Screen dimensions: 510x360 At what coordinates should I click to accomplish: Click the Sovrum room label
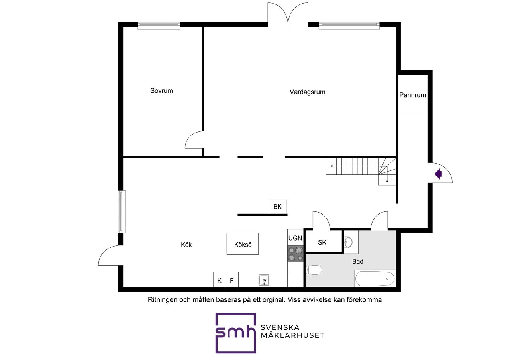(161, 91)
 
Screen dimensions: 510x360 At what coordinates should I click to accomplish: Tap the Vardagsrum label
(307, 92)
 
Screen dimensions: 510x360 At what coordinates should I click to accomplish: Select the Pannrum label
(412, 95)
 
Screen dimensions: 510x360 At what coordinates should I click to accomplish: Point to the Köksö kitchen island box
(243, 244)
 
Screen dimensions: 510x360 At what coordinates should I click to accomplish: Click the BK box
(278, 207)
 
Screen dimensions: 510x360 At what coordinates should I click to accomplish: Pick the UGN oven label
(295, 238)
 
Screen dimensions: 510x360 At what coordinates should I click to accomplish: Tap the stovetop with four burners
(296, 254)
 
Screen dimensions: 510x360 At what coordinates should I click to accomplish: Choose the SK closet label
(322, 243)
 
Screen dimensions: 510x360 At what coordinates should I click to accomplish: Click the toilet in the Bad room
(314, 270)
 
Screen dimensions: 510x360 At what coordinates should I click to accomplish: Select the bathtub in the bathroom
(375, 279)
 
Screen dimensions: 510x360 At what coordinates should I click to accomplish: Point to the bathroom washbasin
(348, 242)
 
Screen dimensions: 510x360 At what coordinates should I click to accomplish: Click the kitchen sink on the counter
(264, 280)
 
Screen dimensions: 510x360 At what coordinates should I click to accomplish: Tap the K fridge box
(220, 280)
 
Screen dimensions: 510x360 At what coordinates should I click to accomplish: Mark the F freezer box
(232, 280)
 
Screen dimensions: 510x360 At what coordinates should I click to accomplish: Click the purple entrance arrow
(438, 174)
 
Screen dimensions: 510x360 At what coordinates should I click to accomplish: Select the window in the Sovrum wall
(159, 26)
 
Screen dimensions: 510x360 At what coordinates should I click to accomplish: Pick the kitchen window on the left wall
(122, 211)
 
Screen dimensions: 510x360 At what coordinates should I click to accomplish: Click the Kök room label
(186, 245)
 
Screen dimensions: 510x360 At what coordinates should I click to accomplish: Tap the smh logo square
(235, 333)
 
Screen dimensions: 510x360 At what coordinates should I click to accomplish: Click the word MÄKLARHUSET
(292, 335)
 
